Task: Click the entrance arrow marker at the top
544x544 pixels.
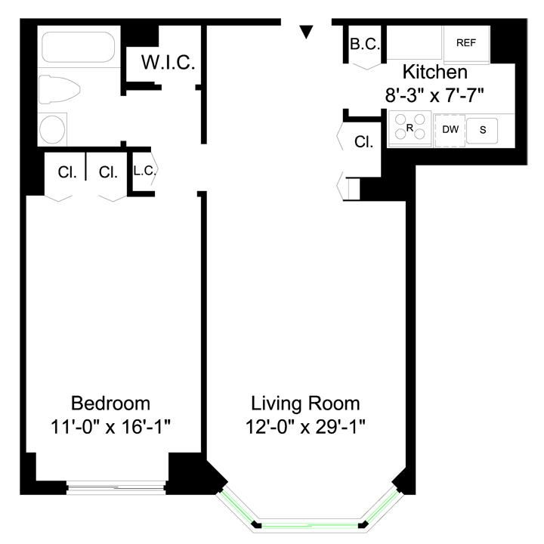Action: [x=306, y=31]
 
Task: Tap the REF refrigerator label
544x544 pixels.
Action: [x=467, y=43]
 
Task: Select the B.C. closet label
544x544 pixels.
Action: [x=364, y=45]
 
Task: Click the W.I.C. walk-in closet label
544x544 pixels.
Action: [x=168, y=63]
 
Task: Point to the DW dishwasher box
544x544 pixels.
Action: [x=450, y=129]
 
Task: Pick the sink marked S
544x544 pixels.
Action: [x=483, y=130]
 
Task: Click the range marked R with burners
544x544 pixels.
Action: [x=409, y=128]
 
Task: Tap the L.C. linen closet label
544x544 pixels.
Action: [x=144, y=171]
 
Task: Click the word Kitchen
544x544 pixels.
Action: [x=434, y=73]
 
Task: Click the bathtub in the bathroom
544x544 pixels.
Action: [x=79, y=47]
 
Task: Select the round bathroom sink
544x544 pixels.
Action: [x=52, y=129]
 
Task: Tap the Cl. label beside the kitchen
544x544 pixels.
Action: [x=364, y=141]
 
